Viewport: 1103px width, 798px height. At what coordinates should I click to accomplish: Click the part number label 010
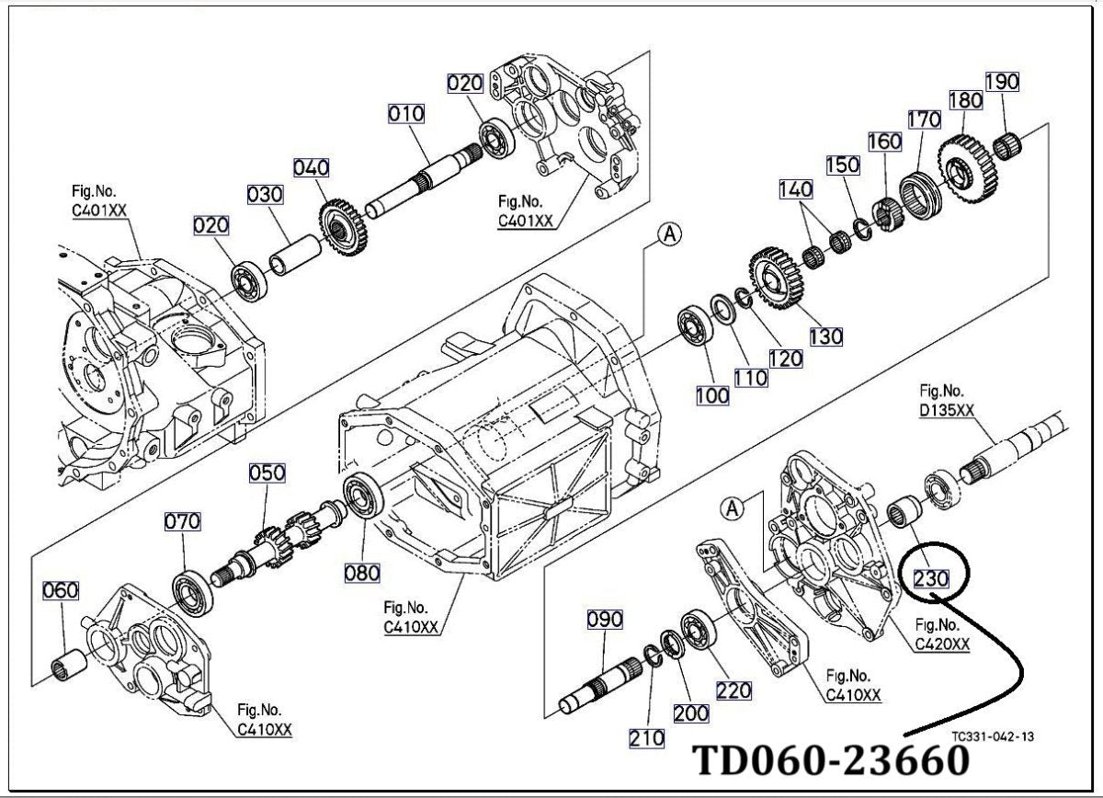[x=405, y=114]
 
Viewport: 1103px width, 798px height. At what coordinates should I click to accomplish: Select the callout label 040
[x=312, y=168]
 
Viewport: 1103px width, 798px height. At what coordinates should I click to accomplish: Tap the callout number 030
[x=265, y=195]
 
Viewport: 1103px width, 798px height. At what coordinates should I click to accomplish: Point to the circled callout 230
[x=931, y=578]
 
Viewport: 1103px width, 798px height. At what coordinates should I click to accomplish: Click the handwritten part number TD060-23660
[x=831, y=760]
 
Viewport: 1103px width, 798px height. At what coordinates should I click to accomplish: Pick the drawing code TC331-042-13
[x=993, y=736]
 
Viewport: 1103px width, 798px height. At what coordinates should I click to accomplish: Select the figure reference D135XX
[x=947, y=410]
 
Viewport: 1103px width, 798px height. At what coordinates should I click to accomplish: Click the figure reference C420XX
[x=942, y=644]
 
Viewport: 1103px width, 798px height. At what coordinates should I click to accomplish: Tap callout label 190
[x=1002, y=82]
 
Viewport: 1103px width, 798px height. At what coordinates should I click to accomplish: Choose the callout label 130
[x=825, y=336]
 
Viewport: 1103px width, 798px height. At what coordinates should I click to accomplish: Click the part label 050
[x=267, y=473]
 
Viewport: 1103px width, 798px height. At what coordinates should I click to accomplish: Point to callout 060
[x=60, y=590]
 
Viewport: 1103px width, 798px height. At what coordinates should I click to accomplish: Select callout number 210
[x=646, y=738]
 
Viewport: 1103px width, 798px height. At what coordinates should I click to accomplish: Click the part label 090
[x=605, y=620]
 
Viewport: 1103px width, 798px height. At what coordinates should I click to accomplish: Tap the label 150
[x=843, y=165]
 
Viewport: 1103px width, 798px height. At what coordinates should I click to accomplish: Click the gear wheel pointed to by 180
[x=967, y=167]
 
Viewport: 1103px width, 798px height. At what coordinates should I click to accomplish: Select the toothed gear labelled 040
[x=343, y=228]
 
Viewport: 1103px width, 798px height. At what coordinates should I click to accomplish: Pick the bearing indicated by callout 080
[x=364, y=495]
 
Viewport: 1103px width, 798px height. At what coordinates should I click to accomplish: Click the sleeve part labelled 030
[x=295, y=256]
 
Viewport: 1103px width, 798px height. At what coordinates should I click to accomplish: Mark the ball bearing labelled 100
[x=695, y=325]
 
